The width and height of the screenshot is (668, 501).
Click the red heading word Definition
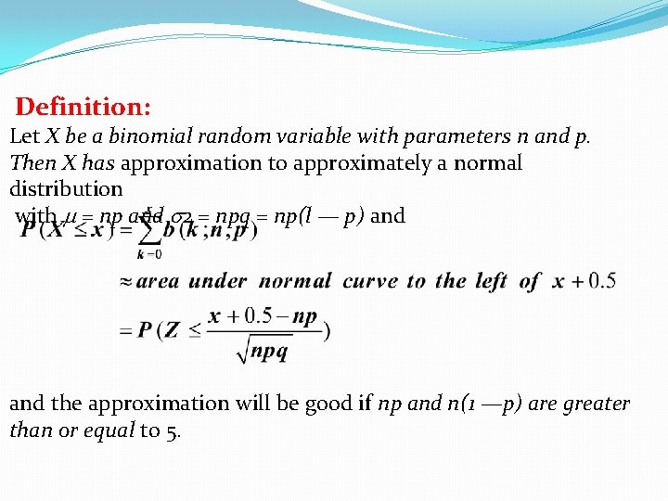83,108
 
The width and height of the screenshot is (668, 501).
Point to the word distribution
66,188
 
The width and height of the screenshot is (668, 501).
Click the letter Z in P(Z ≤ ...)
173,331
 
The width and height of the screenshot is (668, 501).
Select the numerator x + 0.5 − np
263,316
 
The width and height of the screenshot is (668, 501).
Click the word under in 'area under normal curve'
218,281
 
